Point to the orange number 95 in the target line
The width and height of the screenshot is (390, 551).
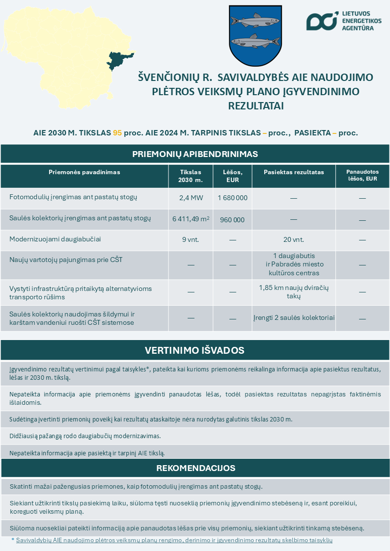click(117, 133)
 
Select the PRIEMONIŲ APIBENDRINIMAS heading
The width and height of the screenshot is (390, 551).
click(195, 154)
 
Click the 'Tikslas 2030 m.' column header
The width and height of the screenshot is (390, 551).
click(191, 176)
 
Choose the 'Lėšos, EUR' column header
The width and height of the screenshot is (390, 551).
click(233, 176)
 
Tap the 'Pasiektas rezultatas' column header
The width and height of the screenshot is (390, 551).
click(294, 172)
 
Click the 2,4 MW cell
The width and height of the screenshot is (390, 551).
click(191, 198)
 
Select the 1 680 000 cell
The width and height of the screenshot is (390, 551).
click(233, 198)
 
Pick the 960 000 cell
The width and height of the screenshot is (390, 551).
click(232, 220)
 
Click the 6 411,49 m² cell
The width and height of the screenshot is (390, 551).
click(191, 219)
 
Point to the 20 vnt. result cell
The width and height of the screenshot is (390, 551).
click(294, 240)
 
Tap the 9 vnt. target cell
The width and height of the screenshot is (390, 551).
click(191, 240)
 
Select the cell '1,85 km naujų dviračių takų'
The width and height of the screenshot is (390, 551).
click(294, 291)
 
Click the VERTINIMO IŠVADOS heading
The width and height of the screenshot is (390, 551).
click(195, 350)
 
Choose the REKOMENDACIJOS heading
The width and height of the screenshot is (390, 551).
click(195, 468)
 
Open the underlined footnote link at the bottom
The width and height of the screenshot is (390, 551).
click(174, 540)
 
